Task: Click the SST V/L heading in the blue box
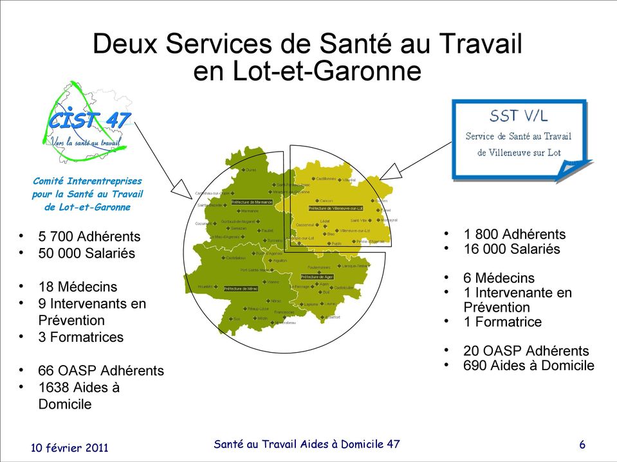point(519,116)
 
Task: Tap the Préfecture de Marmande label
point(252,202)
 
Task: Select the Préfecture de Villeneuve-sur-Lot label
point(335,208)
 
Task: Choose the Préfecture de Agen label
point(317,277)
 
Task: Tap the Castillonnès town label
point(326,179)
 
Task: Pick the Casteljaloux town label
point(235,258)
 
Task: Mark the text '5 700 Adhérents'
point(89,236)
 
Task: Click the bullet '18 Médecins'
point(78,287)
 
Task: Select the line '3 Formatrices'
point(81,337)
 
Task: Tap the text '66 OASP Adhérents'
point(101,371)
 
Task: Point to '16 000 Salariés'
point(511,249)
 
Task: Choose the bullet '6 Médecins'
point(499,278)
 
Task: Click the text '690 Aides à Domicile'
point(529,366)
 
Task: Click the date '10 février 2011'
point(70,447)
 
